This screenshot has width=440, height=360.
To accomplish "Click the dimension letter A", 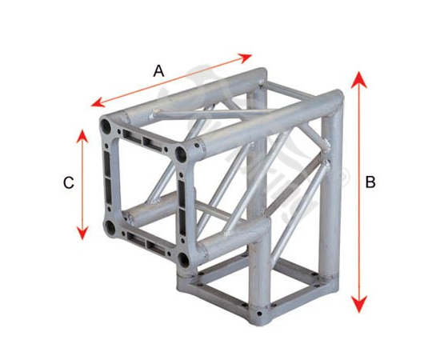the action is tap(158, 70).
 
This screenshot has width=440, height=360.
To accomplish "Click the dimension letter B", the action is tap(370, 182).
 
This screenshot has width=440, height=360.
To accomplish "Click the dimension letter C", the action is tap(69, 182).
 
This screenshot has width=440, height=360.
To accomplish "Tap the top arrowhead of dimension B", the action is tap(359, 80).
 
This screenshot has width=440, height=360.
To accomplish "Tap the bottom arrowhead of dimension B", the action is tap(359, 305).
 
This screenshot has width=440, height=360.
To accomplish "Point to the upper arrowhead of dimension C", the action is tap(82, 136).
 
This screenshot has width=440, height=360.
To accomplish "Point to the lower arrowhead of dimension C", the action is tap(82, 233).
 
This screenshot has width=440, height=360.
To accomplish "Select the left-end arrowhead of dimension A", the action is tap(98, 102).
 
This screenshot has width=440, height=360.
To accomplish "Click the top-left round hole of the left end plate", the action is tap(106, 126).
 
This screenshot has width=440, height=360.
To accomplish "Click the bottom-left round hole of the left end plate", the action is tap(110, 228).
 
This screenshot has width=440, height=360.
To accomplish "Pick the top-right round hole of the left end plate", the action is tap(181, 154).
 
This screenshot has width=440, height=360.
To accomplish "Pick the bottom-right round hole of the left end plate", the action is tap(184, 260).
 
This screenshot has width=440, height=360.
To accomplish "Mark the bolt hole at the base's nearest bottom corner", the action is tap(260, 314).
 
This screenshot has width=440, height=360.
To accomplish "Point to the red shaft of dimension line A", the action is tap(171, 80).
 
